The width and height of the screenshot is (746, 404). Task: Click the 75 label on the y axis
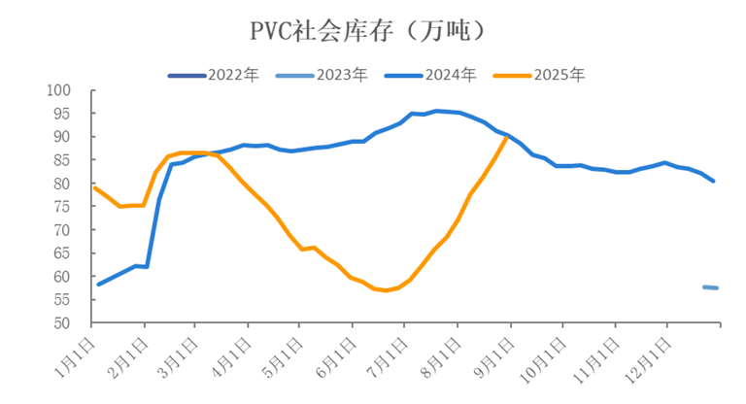pos(62,207)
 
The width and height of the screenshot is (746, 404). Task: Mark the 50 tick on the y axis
pos(62,323)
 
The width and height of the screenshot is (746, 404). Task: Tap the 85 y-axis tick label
pos(62,160)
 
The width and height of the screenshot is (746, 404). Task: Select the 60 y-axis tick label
pos(62,277)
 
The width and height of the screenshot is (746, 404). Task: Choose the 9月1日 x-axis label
pos(492,353)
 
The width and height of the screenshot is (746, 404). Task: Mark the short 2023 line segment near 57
pos(710,287)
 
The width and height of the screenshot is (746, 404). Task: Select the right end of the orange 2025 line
pos(507,137)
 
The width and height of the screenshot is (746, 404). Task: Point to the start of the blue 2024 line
pos(98,285)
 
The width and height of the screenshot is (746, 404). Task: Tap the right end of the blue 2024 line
pos(715,182)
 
